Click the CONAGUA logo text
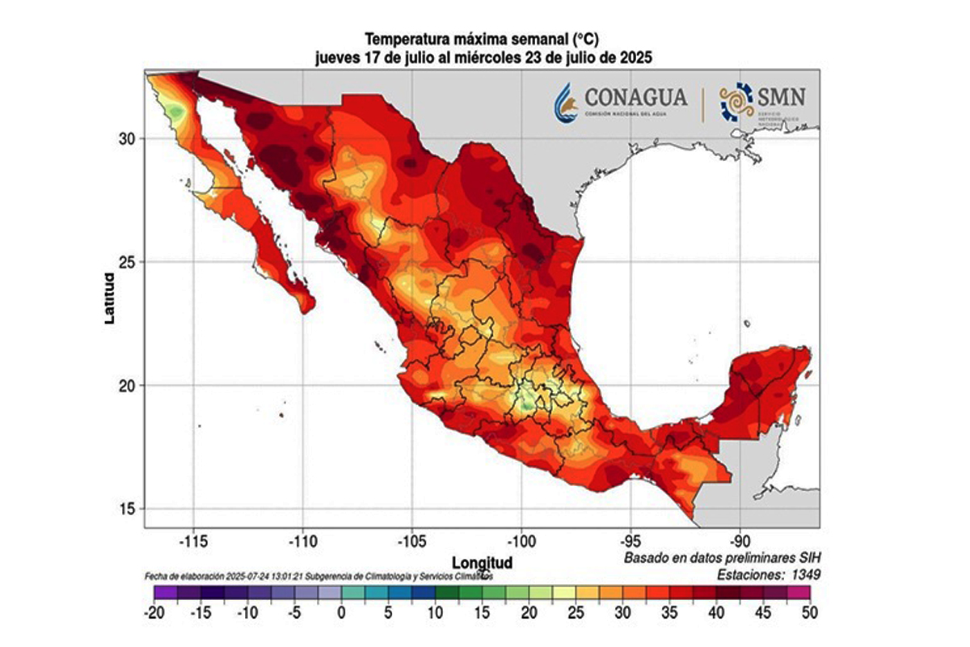[635, 98]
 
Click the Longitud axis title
[482, 561]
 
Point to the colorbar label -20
[154, 613]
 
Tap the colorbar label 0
[342, 613]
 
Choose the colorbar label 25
[576, 613]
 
